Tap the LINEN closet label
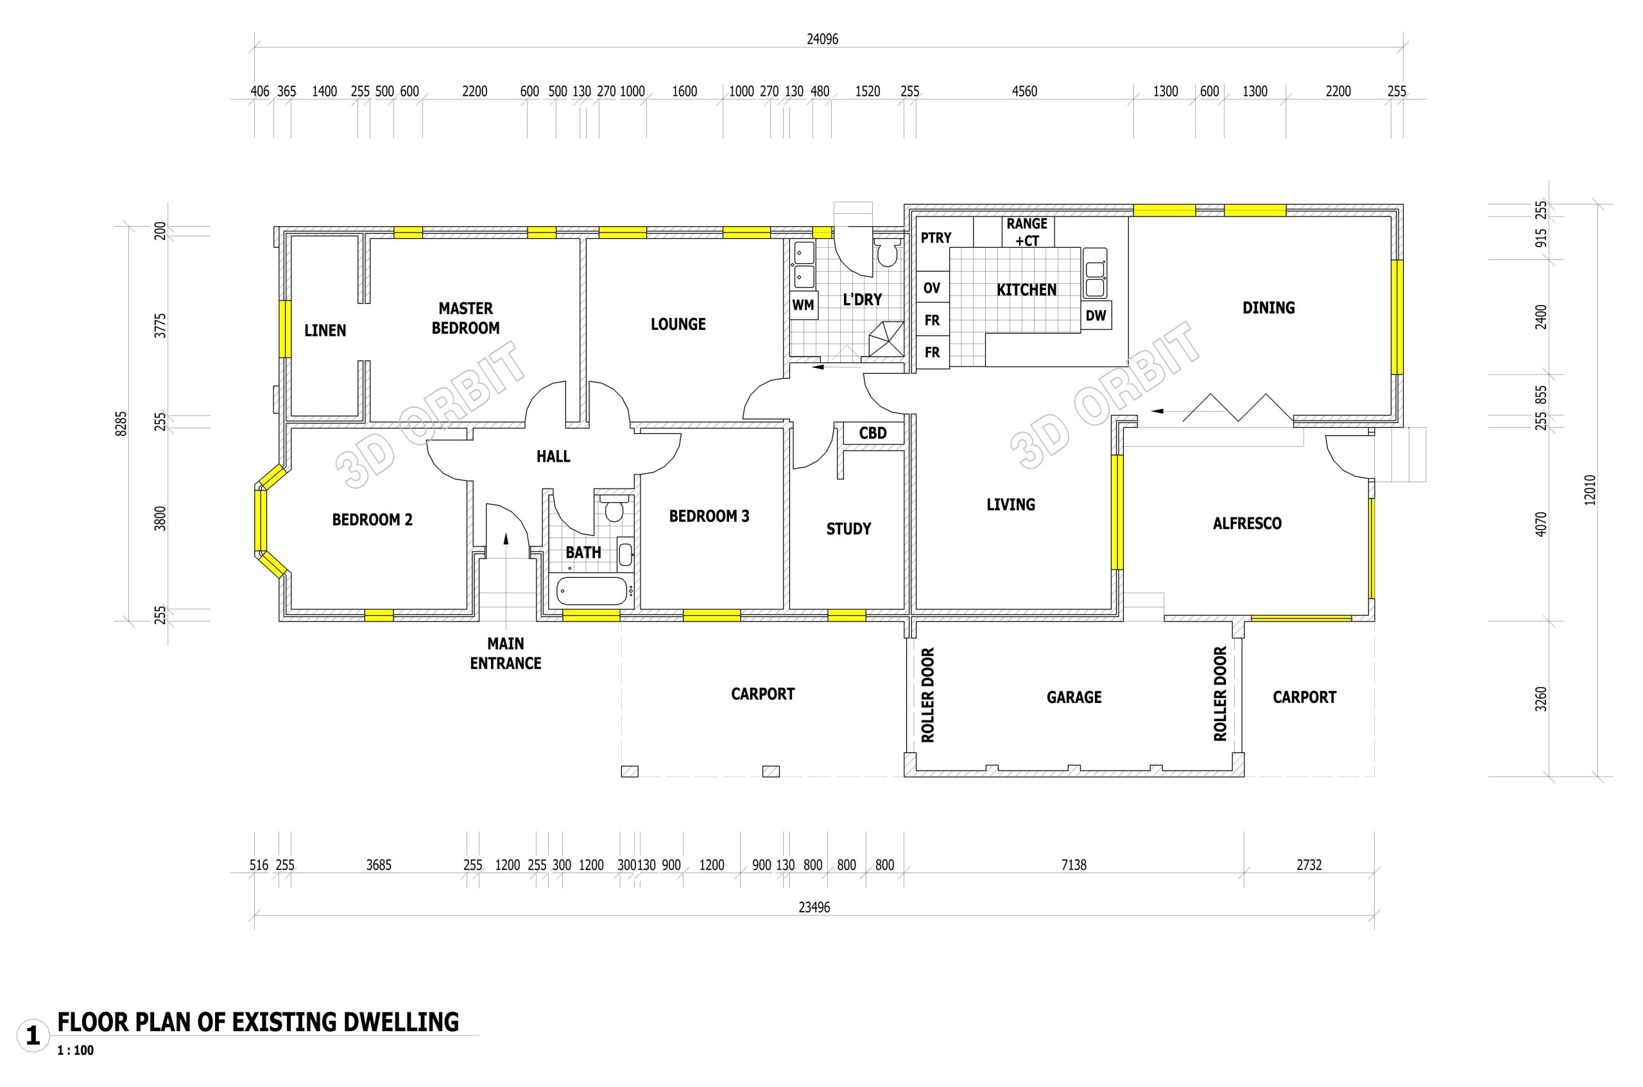pos(325,331)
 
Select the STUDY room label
pos(848,529)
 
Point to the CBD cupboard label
pos(872,433)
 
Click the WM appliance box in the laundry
pos(803,305)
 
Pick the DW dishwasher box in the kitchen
pos(1096,315)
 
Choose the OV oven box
pos(932,288)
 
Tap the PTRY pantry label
pos(936,238)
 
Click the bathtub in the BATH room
pos(591,591)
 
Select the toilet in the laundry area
pos(886,252)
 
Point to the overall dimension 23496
pos(814,907)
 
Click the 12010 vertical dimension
pos(1590,489)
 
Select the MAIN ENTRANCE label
pos(505,654)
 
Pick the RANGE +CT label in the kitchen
pos(1027,232)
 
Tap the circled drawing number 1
pos(33,1036)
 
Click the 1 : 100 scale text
pos(76,1050)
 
